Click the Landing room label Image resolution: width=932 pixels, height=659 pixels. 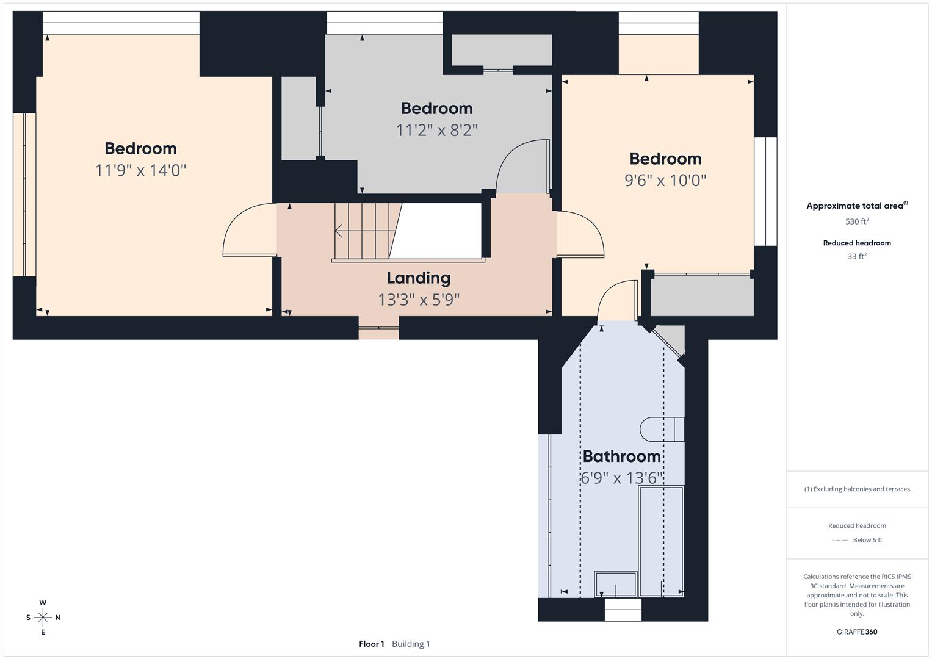[418, 278]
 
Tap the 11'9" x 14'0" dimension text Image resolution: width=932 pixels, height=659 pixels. [140, 170]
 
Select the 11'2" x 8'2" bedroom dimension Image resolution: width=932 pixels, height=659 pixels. [436, 131]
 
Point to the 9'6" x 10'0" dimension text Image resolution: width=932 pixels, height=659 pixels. [665, 181]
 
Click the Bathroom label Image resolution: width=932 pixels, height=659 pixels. [621, 456]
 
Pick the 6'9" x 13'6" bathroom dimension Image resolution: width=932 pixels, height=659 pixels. [621, 478]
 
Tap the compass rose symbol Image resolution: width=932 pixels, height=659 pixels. [43, 618]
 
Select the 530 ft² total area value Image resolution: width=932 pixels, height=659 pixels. [857, 221]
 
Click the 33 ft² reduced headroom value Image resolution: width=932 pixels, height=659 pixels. [857, 256]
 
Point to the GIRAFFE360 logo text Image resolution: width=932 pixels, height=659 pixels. [857, 632]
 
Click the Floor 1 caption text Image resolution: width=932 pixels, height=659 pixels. [371, 644]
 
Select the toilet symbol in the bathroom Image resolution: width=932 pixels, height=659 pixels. [662, 429]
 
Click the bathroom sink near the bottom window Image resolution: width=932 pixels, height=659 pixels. [616, 584]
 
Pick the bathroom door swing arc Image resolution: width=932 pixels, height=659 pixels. [615, 298]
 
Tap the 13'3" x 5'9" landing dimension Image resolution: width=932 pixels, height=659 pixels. [418, 300]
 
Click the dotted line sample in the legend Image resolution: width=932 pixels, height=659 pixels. [840, 540]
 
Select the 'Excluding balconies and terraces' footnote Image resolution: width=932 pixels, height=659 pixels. [857, 489]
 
